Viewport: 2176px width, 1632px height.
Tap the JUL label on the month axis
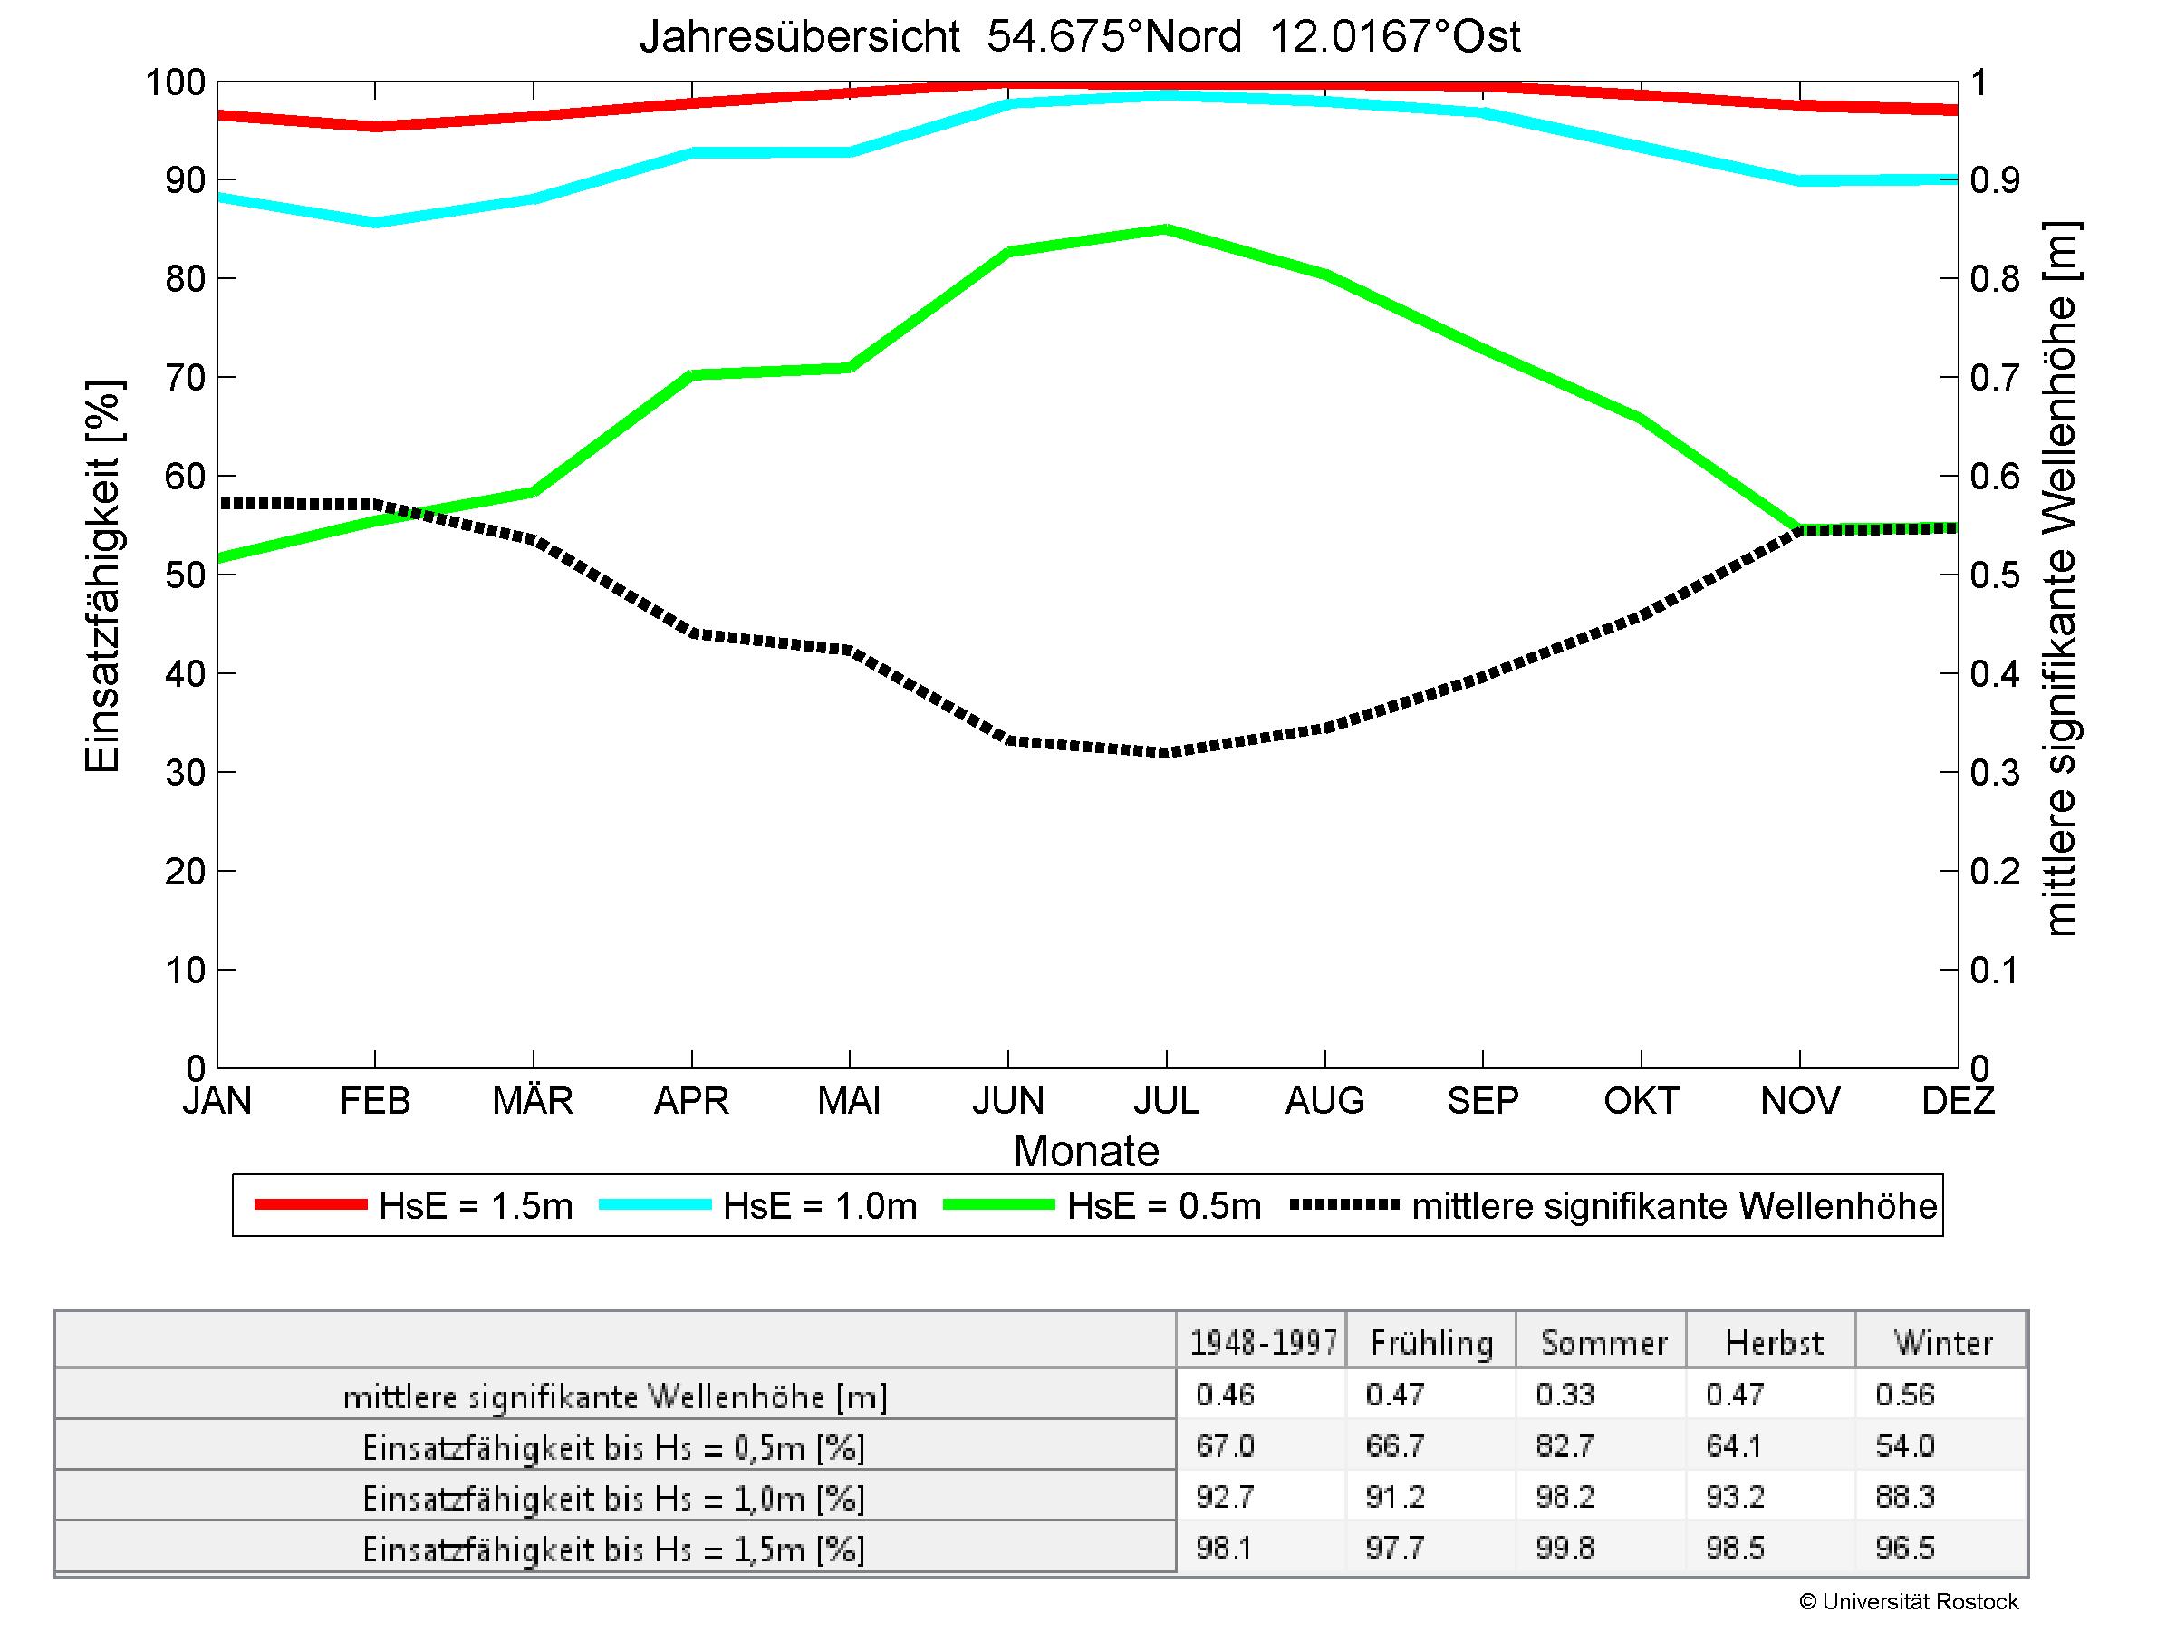[x=1166, y=1100]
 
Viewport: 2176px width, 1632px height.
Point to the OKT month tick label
[x=1641, y=1100]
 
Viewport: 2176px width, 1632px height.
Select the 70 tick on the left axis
[x=185, y=378]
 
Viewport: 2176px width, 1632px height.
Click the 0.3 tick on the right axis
[x=1994, y=773]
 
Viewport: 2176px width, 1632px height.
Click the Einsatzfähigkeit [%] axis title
[x=103, y=576]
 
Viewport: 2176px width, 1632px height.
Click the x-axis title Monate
[x=1086, y=1151]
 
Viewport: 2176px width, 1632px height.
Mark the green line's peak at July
[x=1166, y=229]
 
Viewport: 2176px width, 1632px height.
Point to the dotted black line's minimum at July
[x=1166, y=752]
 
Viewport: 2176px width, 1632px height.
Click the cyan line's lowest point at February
[x=376, y=222]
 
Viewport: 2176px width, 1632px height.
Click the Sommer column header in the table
[x=1603, y=1343]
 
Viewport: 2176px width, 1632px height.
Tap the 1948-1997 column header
[x=1263, y=1343]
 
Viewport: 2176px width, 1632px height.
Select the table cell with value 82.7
[x=1565, y=1446]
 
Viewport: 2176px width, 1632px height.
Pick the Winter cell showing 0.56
[x=1904, y=1395]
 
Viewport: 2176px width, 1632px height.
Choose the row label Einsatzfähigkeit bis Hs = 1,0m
[x=614, y=1498]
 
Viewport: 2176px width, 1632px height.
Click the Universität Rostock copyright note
[x=1909, y=1601]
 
